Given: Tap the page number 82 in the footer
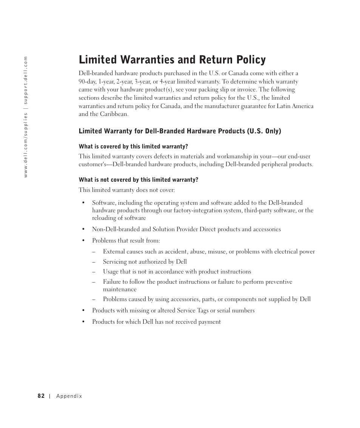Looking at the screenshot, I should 41,396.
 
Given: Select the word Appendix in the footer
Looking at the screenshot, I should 69,396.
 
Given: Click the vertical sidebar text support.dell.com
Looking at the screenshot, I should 26,80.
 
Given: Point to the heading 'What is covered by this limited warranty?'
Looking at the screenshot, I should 133,147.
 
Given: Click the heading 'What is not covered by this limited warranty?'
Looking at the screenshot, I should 138,180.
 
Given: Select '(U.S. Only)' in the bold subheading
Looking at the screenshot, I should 264,131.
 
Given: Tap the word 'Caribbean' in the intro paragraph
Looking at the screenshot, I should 114,114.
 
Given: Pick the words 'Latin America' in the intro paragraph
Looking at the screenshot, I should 295,106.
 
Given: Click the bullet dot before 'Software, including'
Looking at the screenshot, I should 83,203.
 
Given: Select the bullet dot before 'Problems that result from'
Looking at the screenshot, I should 83,241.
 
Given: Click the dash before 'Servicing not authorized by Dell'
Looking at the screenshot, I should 93,262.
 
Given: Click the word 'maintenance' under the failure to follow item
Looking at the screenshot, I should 120,289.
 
